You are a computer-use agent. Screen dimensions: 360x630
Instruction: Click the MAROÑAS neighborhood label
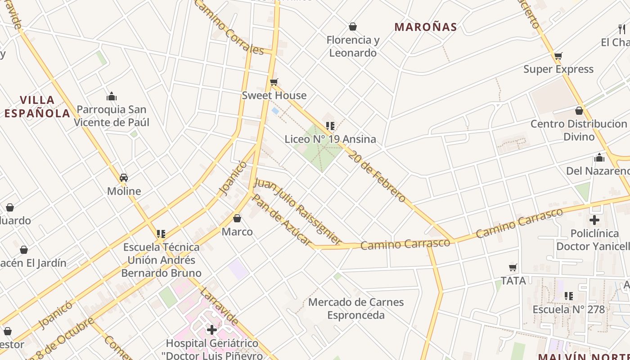[x=426, y=27]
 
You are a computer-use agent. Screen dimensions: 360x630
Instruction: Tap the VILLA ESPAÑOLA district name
[x=37, y=107]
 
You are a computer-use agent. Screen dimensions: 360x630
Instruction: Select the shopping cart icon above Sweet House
[x=274, y=82]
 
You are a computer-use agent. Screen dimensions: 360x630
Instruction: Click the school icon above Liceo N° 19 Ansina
[x=330, y=126]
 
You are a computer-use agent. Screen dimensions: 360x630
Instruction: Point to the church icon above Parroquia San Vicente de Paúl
[x=112, y=96]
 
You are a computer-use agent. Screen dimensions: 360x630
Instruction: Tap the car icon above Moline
[x=124, y=178]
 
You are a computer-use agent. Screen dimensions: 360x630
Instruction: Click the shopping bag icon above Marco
[x=237, y=219]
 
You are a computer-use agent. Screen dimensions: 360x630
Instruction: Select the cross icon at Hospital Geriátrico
[x=211, y=330]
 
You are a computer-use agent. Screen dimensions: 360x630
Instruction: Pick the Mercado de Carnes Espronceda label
[x=356, y=308]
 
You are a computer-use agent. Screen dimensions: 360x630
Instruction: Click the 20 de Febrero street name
[x=377, y=175]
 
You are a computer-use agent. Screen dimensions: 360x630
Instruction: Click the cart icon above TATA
[x=513, y=268]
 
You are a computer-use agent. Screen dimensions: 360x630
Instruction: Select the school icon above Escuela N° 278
[x=569, y=296]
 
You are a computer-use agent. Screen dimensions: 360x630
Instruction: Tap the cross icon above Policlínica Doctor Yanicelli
[x=594, y=220]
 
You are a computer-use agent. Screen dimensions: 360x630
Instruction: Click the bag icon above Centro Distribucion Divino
[x=579, y=111]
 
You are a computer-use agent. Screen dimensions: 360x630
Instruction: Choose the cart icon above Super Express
[x=558, y=56]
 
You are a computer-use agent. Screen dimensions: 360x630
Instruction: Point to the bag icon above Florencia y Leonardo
[x=353, y=27]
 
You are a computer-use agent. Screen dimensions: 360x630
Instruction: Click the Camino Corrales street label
[x=229, y=28]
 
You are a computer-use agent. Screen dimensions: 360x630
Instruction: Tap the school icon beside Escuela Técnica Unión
[x=161, y=234]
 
